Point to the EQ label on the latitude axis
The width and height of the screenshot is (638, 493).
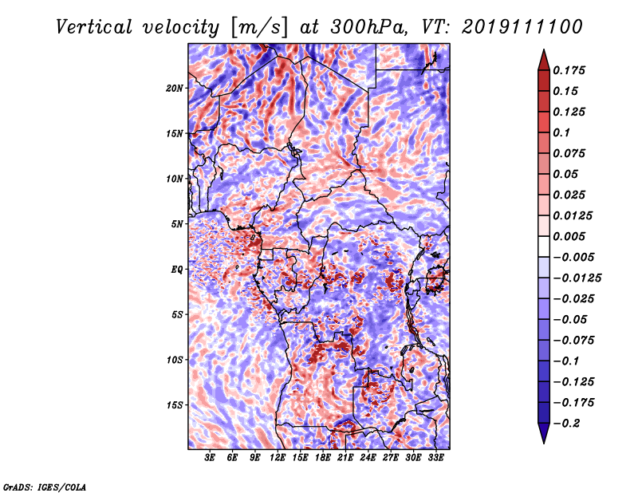[x=178, y=270]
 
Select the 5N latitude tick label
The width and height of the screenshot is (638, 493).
[x=178, y=224]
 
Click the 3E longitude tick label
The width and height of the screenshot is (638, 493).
[x=211, y=458]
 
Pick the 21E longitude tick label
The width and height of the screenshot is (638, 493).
[x=345, y=458]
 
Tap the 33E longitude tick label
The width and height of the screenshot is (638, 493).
[x=435, y=458]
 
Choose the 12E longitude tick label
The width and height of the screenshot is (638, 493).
[x=278, y=458]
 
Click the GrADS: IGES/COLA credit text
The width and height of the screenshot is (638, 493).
[x=45, y=486]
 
